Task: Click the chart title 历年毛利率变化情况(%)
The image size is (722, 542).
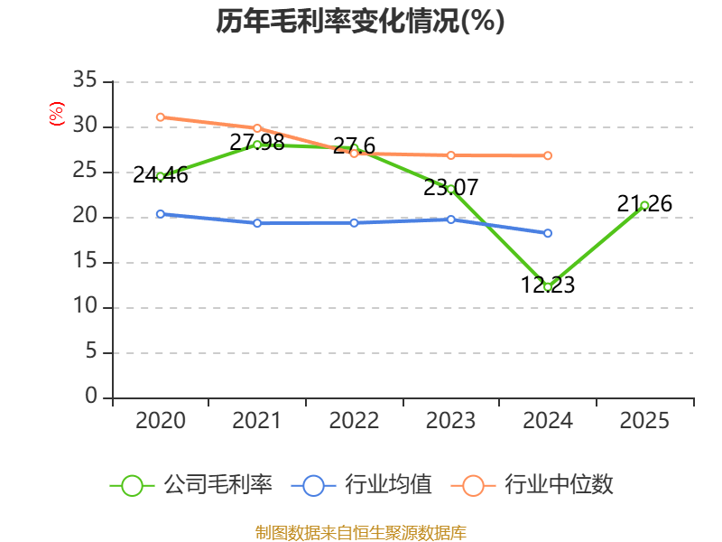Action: pyautogui.click(x=360, y=21)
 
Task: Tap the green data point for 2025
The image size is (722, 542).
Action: pyautogui.click(x=644, y=206)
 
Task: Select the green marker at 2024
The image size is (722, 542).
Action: pyautogui.click(x=548, y=287)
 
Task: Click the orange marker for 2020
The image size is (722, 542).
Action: pyautogui.click(x=161, y=117)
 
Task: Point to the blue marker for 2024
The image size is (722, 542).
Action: pyautogui.click(x=548, y=233)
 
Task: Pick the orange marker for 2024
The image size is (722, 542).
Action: pyautogui.click(x=548, y=155)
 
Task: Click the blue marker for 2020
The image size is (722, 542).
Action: pyautogui.click(x=161, y=214)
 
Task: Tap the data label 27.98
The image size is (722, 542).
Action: pyautogui.click(x=257, y=142)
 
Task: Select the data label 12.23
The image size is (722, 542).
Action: pyautogui.click(x=548, y=285)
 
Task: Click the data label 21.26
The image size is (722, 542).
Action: pyautogui.click(x=644, y=204)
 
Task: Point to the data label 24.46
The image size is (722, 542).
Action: pyautogui.click(x=161, y=175)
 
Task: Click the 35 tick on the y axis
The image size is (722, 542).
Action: pyautogui.click(x=85, y=79)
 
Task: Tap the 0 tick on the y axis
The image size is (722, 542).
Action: pyautogui.click(x=91, y=396)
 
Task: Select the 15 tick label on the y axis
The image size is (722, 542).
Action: pyautogui.click(x=85, y=261)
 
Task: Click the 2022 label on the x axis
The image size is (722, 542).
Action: pyautogui.click(x=354, y=420)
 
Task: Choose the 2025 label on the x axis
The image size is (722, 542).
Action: pyautogui.click(x=644, y=420)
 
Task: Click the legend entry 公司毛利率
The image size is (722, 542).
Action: pyautogui.click(x=191, y=485)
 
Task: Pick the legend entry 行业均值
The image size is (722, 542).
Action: pyautogui.click(x=362, y=485)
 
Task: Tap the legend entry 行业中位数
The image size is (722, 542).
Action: pyautogui.click(x=532, y=485)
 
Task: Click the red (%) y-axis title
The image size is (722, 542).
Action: pyautogui.click(x=57, y=114)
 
